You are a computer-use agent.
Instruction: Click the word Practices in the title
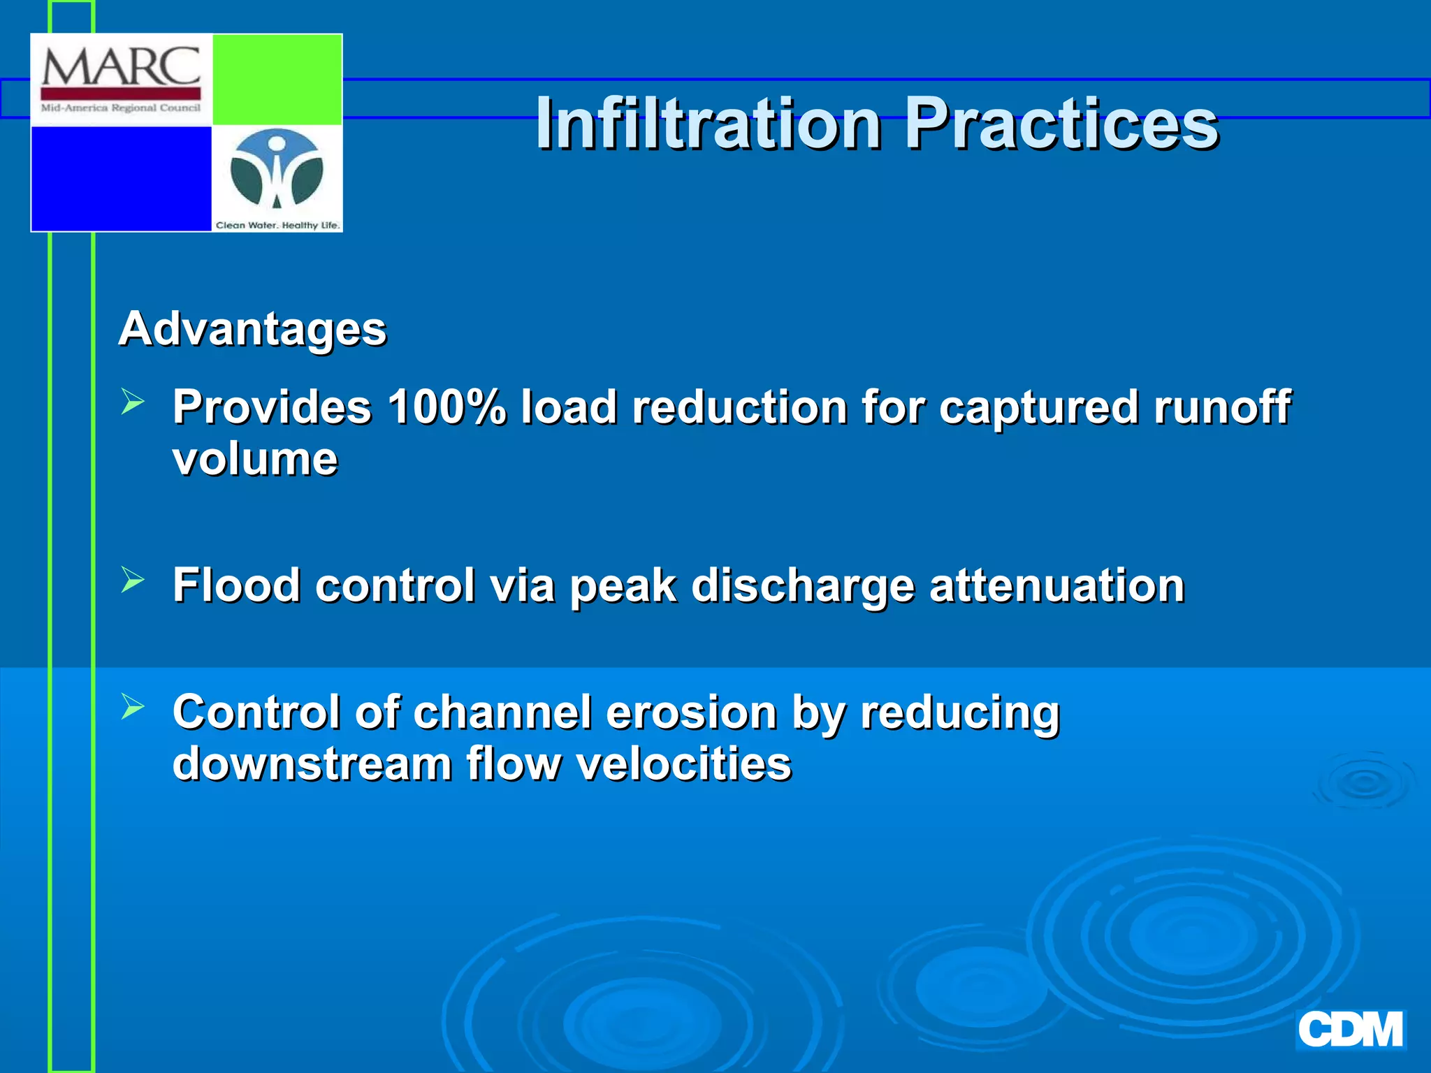coord(1061,124)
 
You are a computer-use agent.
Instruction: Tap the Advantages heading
coord(252,328)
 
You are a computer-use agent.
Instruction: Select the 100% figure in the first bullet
coord(446,407)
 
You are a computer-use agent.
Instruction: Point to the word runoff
coord(1221,407)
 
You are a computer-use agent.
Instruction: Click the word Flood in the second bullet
coord(236,585)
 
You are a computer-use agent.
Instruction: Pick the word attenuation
coord(1056,585)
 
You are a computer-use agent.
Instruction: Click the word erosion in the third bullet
coord(692,713)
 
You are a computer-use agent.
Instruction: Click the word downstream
coord(312,764)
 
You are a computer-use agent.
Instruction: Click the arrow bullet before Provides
coord(132,402)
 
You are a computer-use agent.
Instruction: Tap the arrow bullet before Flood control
coord(132,580)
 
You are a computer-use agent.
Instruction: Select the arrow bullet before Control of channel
coord(132,706)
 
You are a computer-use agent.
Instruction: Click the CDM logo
coord(1350,1030)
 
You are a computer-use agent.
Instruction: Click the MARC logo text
coord(121,68)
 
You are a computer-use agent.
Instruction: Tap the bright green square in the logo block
coord(277,80)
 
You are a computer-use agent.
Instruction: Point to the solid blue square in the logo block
coord(121,178)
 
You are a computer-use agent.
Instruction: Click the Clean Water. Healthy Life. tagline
coord(277,225)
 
